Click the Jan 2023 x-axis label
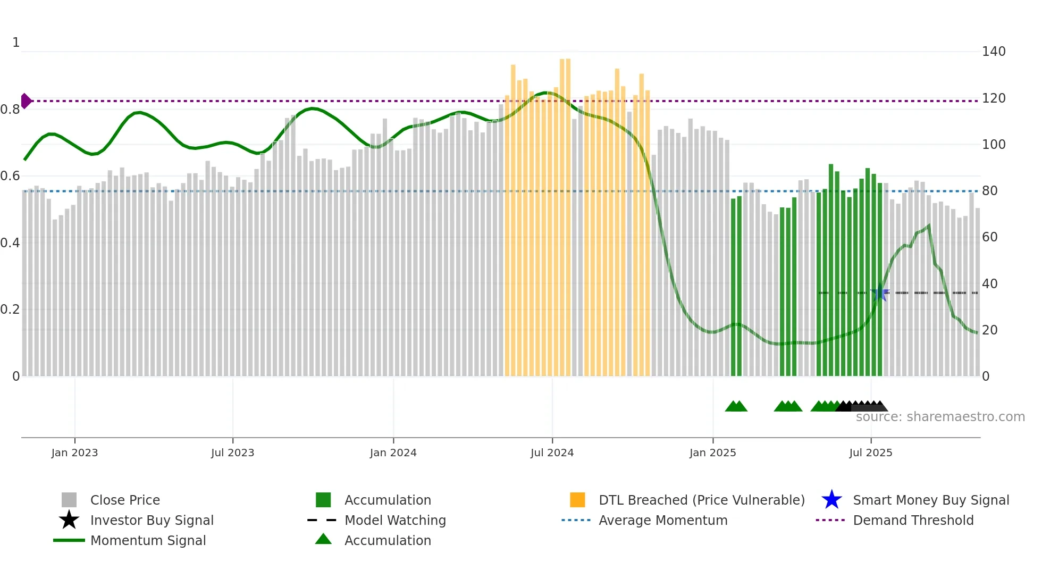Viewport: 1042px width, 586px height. [x=74, y=453]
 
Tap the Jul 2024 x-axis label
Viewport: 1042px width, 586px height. [x=552, y=453]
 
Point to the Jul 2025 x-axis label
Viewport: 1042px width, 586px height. [x=870, y=453]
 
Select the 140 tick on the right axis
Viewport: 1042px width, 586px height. [x=993, y=52]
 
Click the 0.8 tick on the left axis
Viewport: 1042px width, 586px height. [x=10, y=110]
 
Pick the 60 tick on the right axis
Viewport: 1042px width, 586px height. [x=989, y=237]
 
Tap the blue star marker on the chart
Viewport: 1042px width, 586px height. [x=880, y=292]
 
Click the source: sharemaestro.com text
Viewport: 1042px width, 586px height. [x=940, y=417]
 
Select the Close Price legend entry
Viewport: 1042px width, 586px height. [x=125, y=500]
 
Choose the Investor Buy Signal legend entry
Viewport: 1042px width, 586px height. [x=152, y=520]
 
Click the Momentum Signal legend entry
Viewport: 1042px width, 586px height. [x=148, y=540]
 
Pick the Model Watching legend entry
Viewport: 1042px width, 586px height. [x=394, y=520]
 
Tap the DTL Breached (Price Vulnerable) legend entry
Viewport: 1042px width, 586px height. [x=701, y=500]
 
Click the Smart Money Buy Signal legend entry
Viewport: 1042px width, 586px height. [x=930, y=500]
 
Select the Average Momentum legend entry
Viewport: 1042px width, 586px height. [x=662, y=520]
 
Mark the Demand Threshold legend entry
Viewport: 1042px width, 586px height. [x=913, y=520]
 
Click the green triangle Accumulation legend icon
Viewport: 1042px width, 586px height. [x=323, y=539]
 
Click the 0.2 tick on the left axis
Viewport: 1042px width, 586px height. [x=10, y=309]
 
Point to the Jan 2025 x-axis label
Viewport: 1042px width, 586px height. [x=712, y=453]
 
